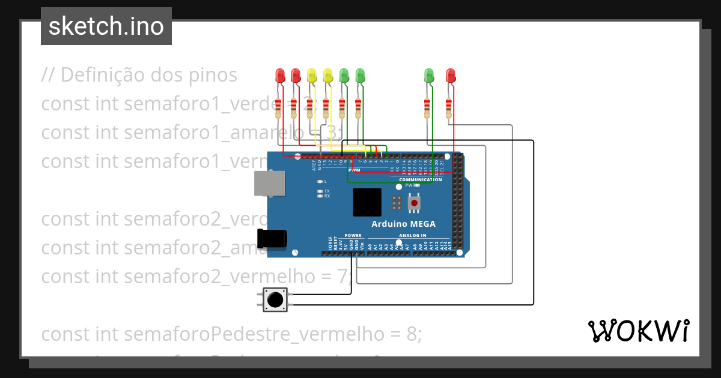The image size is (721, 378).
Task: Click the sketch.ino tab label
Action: click(106, 26)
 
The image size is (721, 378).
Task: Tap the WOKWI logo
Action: click(637, 331)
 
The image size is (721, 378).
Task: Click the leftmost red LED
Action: click(280, 76)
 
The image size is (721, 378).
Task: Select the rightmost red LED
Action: click(451, 76)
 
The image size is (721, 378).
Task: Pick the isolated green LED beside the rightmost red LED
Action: click(429, 76)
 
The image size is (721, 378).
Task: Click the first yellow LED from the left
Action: click(311, 76)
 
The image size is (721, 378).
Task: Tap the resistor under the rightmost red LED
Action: click(449, 109)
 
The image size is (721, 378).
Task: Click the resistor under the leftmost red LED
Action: click(278, 109)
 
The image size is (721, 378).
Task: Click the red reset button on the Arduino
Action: click(414, 203)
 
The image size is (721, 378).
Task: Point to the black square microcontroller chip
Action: click(367, 202)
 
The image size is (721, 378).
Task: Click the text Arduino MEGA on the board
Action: click(403, 224)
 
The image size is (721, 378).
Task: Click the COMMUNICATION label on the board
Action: click(420, 179)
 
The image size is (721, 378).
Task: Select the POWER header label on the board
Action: click(353, 236)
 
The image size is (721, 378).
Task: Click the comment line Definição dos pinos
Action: click(139, 75)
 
